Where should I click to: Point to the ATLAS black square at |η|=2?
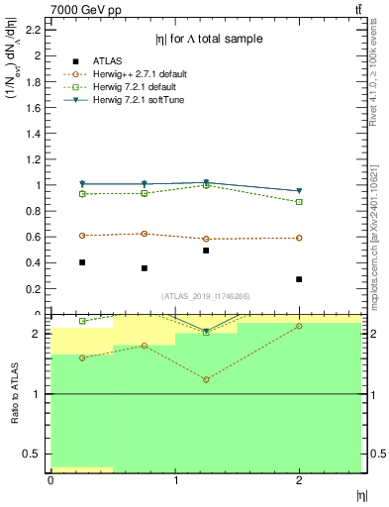(299, 279)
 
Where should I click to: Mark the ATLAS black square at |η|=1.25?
(206, 251)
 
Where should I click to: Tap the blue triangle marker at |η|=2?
(299, 191)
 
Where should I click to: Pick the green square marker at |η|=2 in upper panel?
(299, 202)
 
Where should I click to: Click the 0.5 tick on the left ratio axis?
(35, 454)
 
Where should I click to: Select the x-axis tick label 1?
(175, 481)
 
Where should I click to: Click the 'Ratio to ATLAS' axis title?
(12, 393)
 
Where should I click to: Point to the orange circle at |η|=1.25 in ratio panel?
(206, 380)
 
